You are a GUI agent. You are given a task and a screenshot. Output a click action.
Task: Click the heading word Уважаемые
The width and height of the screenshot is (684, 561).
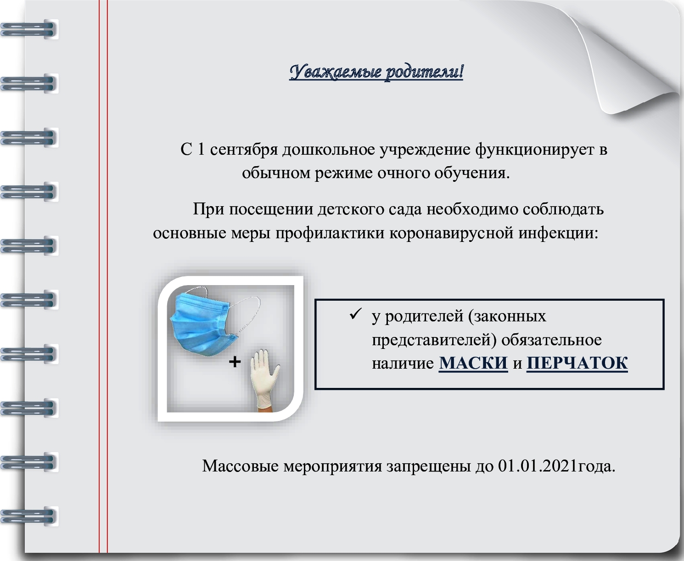335,72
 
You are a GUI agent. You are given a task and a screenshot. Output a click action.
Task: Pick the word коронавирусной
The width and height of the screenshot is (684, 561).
451,233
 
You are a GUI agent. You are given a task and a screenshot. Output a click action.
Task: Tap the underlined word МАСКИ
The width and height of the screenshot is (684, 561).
473,363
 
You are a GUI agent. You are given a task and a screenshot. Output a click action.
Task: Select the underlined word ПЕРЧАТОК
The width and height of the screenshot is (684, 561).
577,363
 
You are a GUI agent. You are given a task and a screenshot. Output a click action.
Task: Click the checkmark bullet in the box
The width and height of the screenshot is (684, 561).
355,314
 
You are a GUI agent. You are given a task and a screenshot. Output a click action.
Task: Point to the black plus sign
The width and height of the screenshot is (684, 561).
235,362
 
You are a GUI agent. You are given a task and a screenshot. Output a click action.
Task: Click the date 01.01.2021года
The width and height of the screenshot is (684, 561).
556,466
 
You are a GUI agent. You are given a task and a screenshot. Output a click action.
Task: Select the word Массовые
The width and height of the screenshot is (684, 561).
241,466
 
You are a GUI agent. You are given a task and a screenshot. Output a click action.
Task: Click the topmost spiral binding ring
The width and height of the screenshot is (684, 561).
29,30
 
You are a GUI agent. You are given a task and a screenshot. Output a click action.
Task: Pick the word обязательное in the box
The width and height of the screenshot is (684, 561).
551,340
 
